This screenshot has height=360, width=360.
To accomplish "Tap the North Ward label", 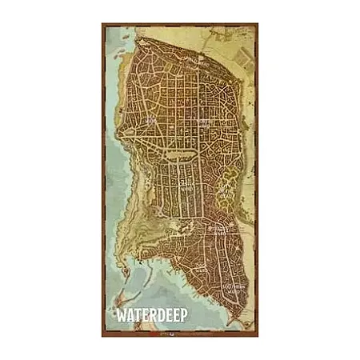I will [205, 122].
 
